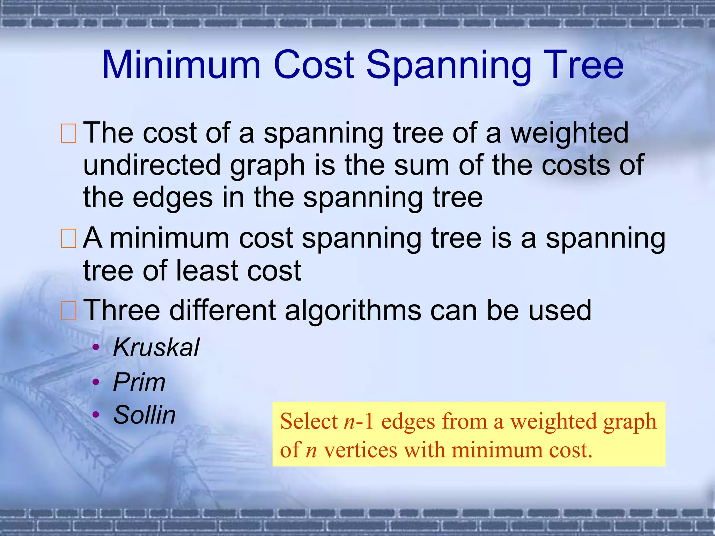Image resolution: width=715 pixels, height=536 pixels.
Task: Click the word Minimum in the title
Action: pyautogui.click(x=181, y=65)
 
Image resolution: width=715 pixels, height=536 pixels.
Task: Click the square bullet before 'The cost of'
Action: pyautogui.click(x=68, y=133)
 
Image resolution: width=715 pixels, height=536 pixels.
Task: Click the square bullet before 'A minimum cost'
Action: pyautogui.click(x=68, y=238)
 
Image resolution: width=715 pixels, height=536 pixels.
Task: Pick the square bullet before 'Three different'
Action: pyautogui.click(x=68, y=311)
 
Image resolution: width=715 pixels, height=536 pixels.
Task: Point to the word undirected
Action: pyautogui.click(x=152, y=165)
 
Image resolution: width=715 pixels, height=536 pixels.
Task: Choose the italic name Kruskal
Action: pyautogui.click(x=156, y=348)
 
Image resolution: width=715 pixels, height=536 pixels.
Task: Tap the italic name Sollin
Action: pyautogui.click(x=145, y=415)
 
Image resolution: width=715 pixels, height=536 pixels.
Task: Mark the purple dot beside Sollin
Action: pyautogui.click(x=96, y=415)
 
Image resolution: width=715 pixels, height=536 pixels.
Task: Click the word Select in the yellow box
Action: pyautogui.click(x=309, y=421)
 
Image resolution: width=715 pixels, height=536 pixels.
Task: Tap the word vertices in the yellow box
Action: pyautogui.click(x=360, y=450)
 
